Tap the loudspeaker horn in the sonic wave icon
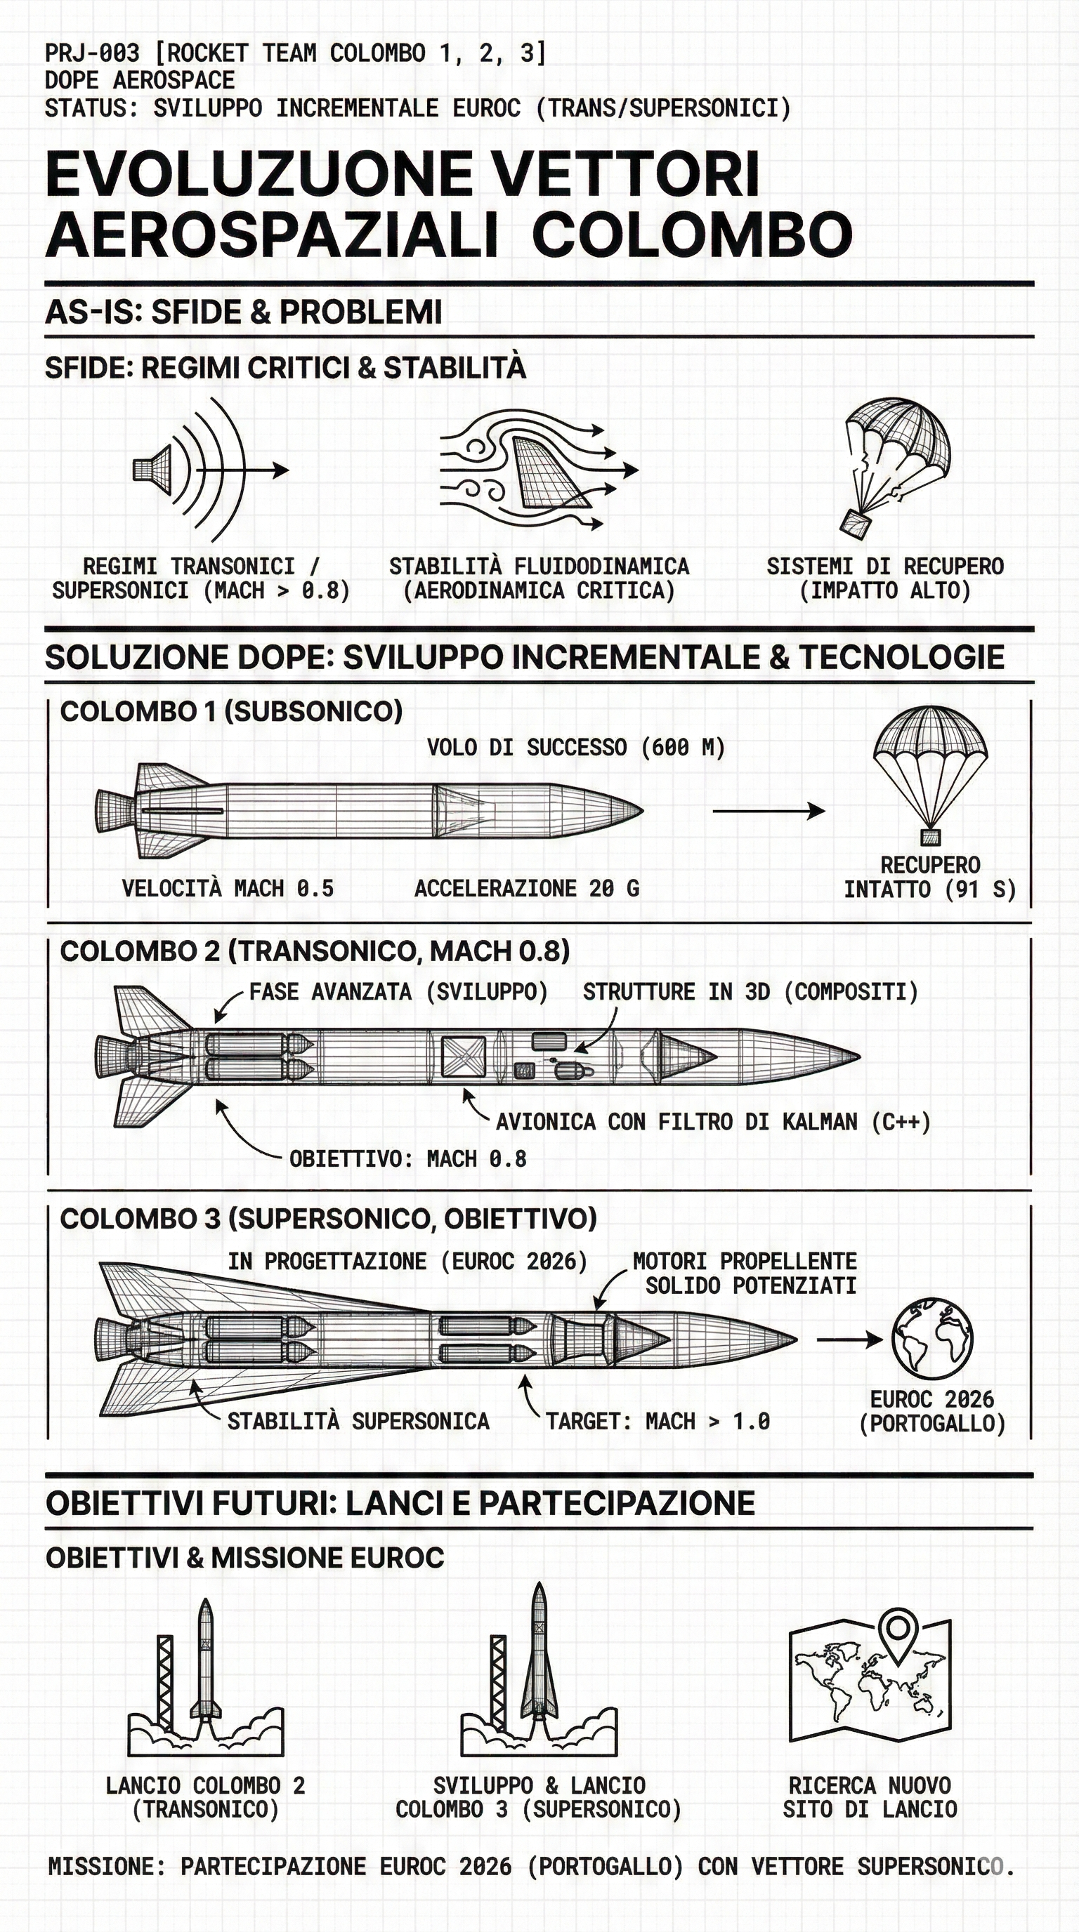[154, 470]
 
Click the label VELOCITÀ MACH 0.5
[228, 889]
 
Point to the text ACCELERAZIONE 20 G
[527, 889]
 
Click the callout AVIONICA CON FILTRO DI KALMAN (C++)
[713, 1122]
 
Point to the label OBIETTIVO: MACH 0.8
[407, 1160]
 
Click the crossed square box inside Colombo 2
[463, 1057]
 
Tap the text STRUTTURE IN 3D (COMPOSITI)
[750, 992]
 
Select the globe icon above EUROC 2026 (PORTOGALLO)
[932, 1339]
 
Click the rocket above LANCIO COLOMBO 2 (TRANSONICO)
[206, 1665]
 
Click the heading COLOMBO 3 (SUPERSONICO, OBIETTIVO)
[328, 1219]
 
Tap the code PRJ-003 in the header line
[91, 53]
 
